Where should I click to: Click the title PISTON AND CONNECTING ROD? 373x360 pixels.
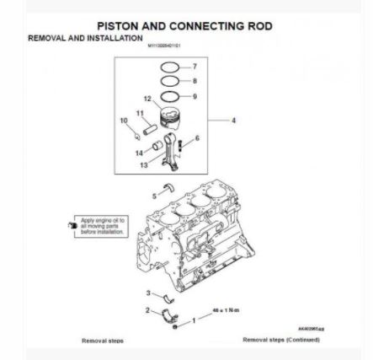coord(185,26)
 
